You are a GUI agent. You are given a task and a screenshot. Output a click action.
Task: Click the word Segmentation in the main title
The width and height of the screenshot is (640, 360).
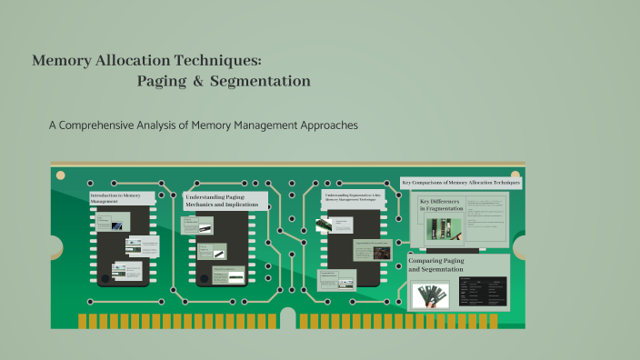(259, 82)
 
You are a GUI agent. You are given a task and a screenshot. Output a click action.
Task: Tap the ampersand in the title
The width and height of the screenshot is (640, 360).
(197, 82)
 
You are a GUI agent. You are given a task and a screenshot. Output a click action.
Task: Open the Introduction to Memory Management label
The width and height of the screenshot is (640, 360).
(115, 198)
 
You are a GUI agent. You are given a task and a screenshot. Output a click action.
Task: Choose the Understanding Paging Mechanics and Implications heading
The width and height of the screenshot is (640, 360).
(225, 200)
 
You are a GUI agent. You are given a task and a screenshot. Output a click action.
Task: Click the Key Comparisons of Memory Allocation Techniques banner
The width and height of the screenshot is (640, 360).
(461, 183)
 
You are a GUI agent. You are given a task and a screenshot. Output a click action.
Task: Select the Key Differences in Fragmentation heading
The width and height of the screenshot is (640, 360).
(441, 205)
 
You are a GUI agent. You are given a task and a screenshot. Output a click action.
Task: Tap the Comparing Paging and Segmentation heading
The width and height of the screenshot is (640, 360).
(435, 265)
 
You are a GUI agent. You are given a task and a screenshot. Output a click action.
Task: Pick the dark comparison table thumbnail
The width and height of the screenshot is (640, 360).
(483, 291)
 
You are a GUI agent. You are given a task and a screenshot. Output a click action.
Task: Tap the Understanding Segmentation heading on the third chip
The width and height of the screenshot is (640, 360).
(353, 196)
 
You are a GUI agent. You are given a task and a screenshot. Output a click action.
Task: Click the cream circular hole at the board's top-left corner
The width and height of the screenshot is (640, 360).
(61, 175)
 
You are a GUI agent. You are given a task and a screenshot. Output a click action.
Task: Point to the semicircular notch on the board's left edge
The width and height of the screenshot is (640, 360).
(55, 247)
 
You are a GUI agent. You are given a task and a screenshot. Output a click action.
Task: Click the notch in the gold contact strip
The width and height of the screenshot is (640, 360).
(288, 317)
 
